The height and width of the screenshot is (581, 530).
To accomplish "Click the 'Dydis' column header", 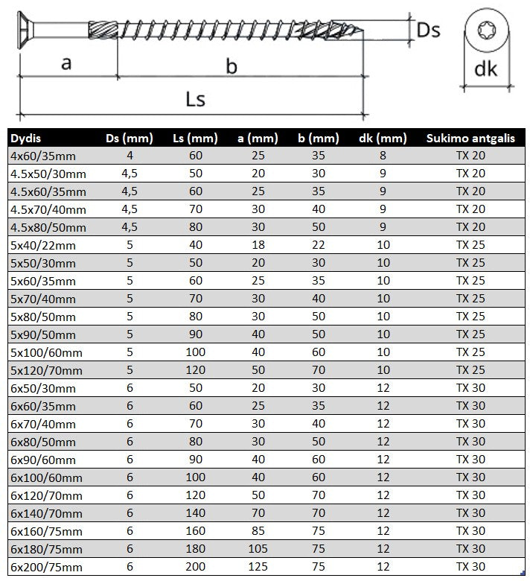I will click(26, 138).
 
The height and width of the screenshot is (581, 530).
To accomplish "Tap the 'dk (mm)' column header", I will click(383, 138).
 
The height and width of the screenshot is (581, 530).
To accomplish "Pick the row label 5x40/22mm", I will click(43, 245).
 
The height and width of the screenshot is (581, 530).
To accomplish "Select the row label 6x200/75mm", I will click(46, 567).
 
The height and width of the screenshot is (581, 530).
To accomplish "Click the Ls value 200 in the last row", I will click(194, 567).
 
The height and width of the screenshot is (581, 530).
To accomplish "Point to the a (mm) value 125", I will click(257, 567).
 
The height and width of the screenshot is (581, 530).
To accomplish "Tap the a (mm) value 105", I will click(257, 549).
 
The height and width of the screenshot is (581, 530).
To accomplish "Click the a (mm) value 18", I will click(257, 245).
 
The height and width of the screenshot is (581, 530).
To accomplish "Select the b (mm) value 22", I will click(318, 245).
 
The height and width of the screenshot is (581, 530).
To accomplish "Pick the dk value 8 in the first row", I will click(383, 156).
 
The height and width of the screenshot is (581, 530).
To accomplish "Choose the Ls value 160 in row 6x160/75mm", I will click(194, 531).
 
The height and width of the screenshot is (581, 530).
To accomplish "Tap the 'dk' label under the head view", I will click(485, 69).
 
